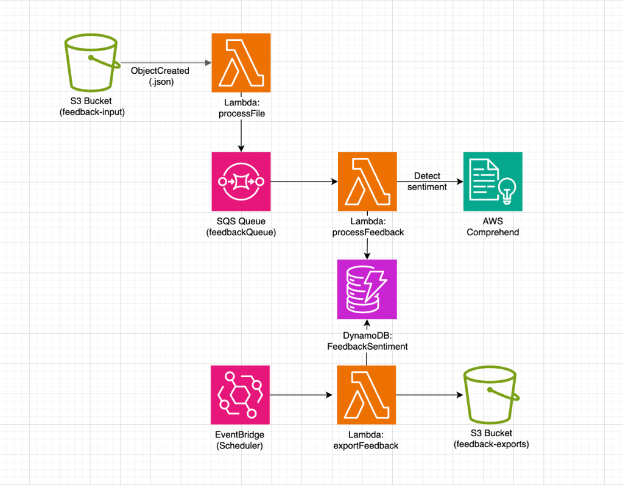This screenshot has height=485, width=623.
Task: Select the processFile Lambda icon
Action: (241, 63)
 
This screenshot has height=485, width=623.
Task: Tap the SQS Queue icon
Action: (241, 182)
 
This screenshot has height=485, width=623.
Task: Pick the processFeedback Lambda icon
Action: (367, 182)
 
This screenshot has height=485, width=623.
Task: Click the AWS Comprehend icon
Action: (493, 182)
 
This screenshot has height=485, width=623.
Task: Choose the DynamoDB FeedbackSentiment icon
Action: (367, 289)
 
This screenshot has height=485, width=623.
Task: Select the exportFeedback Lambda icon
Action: (367, 395)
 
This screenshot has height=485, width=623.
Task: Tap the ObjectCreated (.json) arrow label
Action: (160, 76)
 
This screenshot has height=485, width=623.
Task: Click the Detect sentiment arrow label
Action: (427, 182)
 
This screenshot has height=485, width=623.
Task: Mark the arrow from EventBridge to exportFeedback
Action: (303, 395)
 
